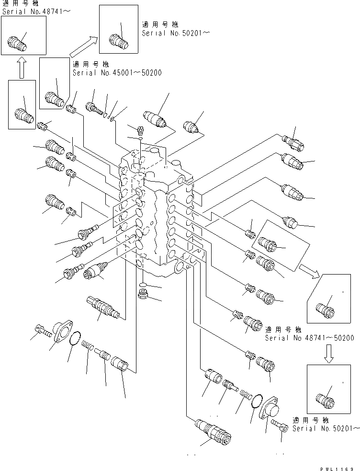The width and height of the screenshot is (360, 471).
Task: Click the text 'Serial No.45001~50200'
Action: coord(117,73)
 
